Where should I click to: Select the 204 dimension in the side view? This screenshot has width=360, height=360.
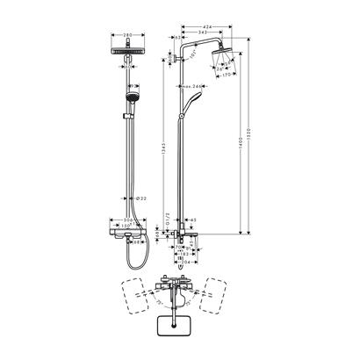point(187,262)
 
